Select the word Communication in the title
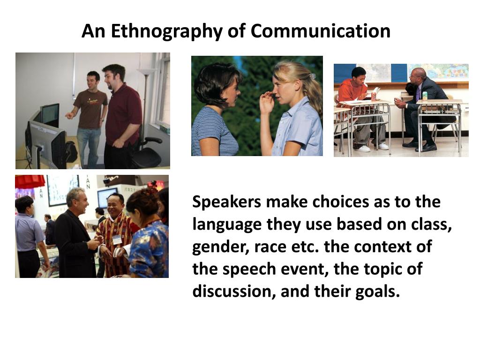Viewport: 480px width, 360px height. click(x=320, y=31)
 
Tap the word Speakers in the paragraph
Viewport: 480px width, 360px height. click(x=226, y=202)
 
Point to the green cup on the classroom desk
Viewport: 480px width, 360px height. click(x=424, y=96)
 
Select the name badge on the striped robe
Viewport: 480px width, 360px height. click(x=117, y=240)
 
